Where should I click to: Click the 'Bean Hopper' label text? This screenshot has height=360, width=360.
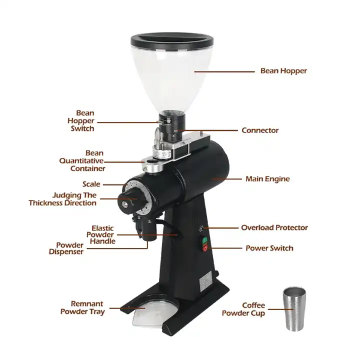click(x=284, y=71)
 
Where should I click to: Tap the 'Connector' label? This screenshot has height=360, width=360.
click(x=260, y=130)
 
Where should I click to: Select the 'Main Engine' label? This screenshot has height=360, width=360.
click(x=268, y=179)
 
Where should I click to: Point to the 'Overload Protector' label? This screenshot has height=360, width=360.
click(x=274, y=227)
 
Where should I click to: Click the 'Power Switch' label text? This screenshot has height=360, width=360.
click(x=269, y=248)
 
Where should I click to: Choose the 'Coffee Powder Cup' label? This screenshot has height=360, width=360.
click(x=244, y=309)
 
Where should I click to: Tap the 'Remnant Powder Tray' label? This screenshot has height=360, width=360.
click(x=83, y=308)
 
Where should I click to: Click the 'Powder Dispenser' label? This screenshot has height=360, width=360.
click(x=66, y=248)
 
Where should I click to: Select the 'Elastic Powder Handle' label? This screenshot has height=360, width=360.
click(x=101, y=235)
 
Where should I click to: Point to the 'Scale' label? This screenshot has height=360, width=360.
click(x=91, y=184)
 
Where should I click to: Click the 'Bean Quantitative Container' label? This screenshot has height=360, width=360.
click(x=82, y=161)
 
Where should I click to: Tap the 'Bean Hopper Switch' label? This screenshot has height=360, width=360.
click(x=81, y=121)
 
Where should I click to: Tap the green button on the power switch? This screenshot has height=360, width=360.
click(x=205, y=240)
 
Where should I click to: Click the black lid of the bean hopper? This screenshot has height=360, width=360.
click(x=172, y=41)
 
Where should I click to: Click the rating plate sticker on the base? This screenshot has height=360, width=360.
click(x=206, y=281)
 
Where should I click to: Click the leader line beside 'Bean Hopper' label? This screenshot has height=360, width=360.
click(x=224, y=71)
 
